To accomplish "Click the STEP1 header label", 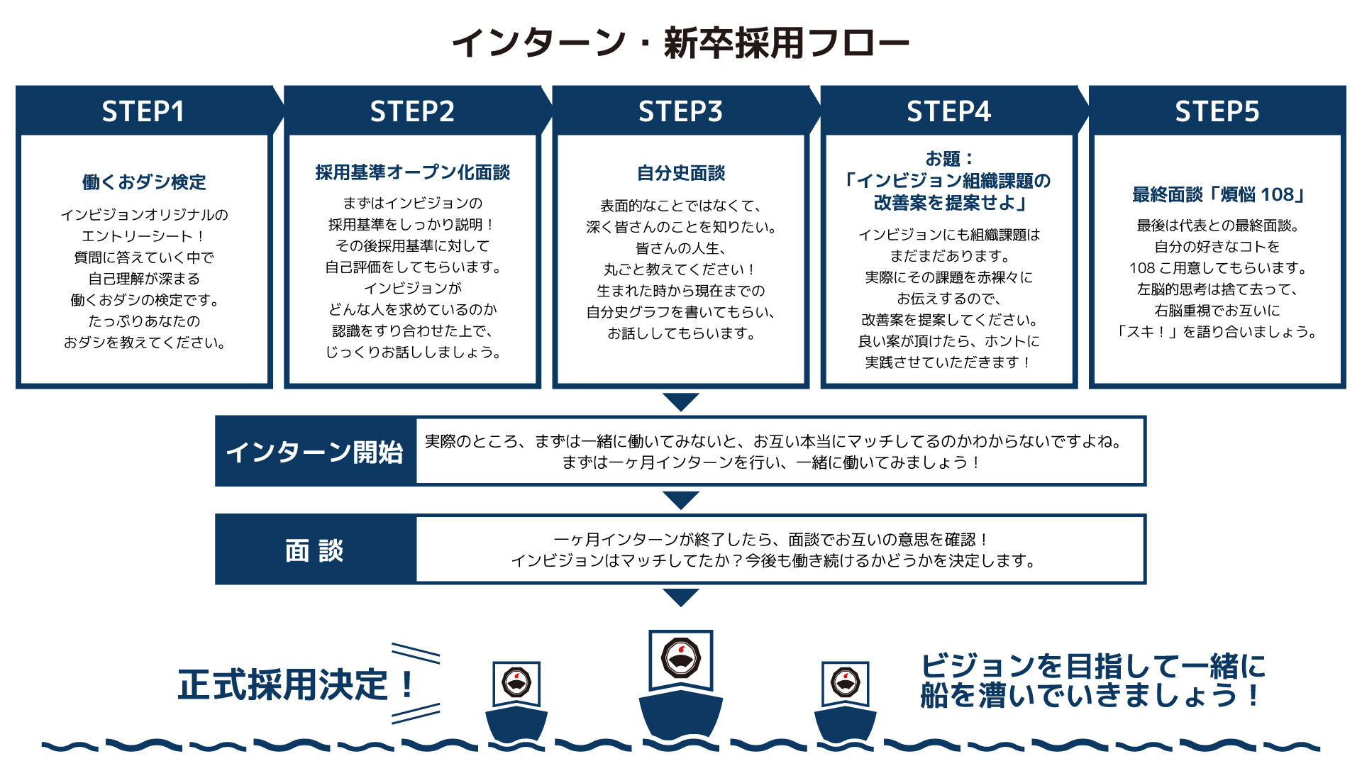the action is (x=143, y=111).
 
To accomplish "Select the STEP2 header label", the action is (x=412, y=111).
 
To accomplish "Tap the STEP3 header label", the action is (x=680, y=111).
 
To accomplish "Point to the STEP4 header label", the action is (x=948, y=111).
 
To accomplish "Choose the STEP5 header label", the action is (x=1217, y=111).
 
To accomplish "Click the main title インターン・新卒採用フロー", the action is (x=681, y=43).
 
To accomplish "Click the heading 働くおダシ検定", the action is (x=144, y=182).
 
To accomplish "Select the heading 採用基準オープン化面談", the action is (x=413, y=172).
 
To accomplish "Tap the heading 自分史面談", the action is (x=681, y=173).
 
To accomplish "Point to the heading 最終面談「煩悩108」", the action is (x=1217, y=194).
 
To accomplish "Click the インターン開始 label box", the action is (x=316, y=451).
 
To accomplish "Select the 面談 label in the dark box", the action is (x=314, y=550).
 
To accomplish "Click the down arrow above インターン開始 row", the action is (x=681, y=402).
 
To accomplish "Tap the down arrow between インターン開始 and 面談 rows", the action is (x=681, y=501).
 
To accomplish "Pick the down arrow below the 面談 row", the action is (x=681, y=598).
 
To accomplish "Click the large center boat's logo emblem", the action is (x=681, y=657).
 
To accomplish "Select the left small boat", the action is (x=516, y=703).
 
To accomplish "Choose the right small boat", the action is (x=846, y=703).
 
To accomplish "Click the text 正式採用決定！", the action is (x=297, y=685).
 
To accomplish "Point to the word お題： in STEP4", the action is (x=949, y=159).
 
